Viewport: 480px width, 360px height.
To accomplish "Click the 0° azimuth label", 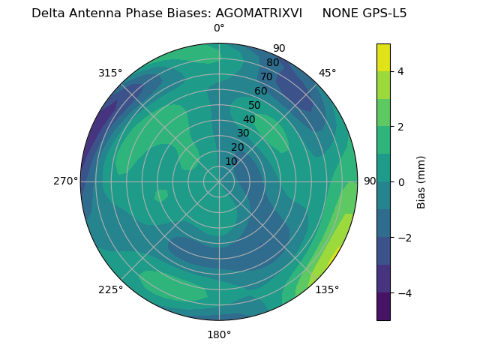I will point(219,28).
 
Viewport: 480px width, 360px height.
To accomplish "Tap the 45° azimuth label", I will point(327,73).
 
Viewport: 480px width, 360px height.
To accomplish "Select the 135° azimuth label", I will point(327,289).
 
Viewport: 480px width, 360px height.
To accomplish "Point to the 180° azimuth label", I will point(219,334).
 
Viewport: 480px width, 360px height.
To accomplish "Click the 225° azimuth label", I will point(110,289).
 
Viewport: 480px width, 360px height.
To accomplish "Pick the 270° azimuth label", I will point(65,181).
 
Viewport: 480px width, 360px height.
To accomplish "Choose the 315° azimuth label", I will point(110,73).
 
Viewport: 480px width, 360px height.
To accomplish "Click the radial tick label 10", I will point(231,161).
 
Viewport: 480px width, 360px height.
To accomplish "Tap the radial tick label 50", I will point(254,105).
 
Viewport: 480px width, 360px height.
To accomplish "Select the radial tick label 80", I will point(272,63).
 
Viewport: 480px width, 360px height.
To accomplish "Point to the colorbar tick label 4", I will point(401,71).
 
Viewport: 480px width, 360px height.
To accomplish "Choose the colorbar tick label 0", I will point(401,182).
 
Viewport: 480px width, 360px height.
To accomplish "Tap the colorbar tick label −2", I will point(403,238).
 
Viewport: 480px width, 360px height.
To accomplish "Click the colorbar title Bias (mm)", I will point(421,182).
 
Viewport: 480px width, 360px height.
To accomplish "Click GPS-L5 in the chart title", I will point(381,13).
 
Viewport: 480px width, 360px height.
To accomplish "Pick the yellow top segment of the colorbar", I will point(383,57).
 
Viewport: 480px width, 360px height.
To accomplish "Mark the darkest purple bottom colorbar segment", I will point(383,307).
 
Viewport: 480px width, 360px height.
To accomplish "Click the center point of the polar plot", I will point(219,181).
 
